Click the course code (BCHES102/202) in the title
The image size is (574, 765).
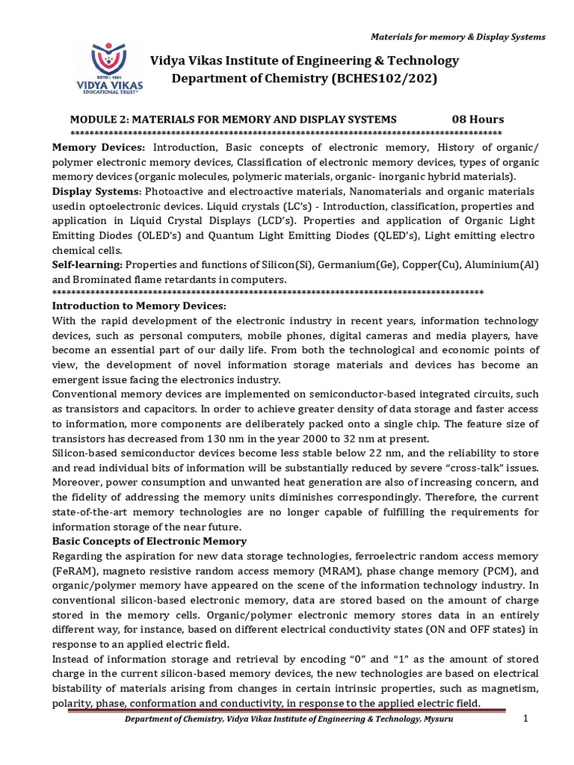[x=394, y=78]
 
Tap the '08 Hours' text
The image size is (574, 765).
[x=478, y=120]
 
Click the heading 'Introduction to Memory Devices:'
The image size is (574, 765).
[x=138, y=306]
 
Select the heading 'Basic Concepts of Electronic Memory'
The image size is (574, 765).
[x=149, y=540]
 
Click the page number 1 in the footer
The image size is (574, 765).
[x=525, y=718]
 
